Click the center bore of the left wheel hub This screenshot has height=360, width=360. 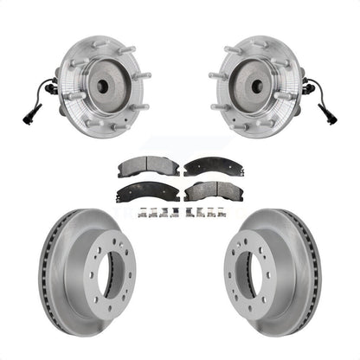click(x=102, y=86)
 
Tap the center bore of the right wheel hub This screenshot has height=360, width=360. click(x=258, y=86)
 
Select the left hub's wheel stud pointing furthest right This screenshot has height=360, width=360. click(x=141, y=76)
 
